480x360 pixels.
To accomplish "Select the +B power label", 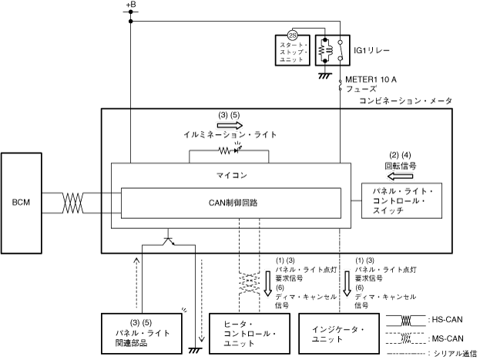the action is tap(131, 5).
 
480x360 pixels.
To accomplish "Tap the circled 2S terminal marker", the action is tap(293, 35).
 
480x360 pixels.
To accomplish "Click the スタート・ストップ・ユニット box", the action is tap(293, 50).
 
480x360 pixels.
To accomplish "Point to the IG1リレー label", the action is tap(371, 50).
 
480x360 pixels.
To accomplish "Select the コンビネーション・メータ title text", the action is tap(405, 101).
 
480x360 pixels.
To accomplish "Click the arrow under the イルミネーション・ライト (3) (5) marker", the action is tap(230, 125).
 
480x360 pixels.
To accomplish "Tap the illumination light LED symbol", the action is tap(237, 150).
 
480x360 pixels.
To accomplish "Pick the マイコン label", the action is tap(231, 176).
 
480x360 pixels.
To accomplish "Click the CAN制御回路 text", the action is tap(233, 203).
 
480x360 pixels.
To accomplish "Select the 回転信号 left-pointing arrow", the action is tap(400, 177).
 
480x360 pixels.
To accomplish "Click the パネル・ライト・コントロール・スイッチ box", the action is tap(401, 200).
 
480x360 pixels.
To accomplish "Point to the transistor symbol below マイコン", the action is tap(168, 241).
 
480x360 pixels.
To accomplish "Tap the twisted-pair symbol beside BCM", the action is tap(72, 203).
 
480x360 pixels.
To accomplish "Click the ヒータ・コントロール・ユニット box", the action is tap(249, 334).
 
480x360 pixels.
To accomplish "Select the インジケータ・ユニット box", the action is tap(339, 334).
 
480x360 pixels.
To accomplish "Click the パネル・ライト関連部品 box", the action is tap(142, 334).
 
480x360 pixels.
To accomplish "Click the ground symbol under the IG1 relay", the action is tap(325, 76).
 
